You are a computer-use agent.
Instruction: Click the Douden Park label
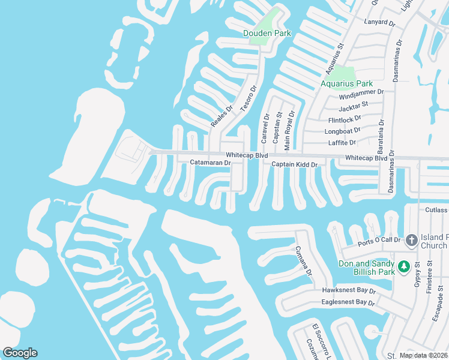[267, 34]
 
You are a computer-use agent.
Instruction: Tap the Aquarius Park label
[346, 83]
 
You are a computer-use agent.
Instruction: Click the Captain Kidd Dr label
[294, 164]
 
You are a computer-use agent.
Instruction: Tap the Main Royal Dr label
[290, 130]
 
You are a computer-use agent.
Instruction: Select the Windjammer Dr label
[361, 94]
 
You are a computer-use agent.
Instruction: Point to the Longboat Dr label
[343, 130]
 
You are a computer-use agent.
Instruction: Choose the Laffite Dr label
[342, 143]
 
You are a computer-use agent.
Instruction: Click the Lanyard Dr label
[379, 23]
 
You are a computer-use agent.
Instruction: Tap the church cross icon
[411, 240]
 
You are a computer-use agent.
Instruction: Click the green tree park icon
[404, 265]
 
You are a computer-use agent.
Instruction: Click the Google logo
[20, 353]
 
